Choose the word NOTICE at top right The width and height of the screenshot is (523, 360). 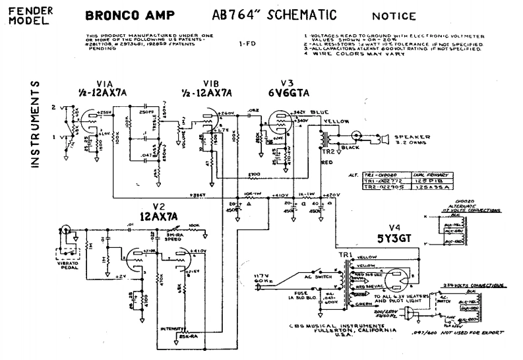click(x=394, y=16)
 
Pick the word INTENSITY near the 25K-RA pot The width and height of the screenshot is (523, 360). click(x=170, y=328)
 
